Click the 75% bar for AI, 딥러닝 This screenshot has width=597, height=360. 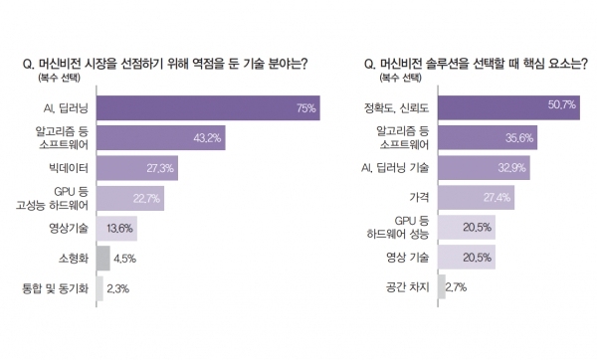point(207,107)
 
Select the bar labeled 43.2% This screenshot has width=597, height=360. point(160,137)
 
